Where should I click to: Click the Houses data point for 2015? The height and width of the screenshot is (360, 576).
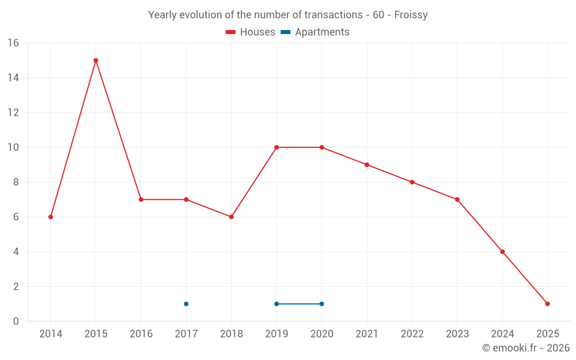96,60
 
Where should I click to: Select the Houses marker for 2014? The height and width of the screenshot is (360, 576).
51,217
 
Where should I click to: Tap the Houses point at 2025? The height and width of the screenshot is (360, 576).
547,304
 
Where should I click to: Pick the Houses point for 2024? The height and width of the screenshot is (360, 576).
502,252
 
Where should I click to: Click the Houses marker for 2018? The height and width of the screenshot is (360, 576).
231,217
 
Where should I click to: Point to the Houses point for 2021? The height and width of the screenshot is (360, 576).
367,165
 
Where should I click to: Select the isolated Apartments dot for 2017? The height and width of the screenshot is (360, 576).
186,304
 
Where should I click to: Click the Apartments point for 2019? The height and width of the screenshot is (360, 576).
276,304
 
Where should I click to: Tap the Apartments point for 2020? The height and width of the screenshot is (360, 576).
321,304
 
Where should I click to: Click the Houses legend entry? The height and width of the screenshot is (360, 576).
251,32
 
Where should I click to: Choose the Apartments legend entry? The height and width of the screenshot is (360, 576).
315,32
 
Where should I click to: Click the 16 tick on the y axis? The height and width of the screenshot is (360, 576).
13,43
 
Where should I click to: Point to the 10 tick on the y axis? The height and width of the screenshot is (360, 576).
13,147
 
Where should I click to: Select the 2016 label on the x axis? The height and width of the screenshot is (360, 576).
141,334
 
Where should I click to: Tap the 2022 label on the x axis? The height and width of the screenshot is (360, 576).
412,334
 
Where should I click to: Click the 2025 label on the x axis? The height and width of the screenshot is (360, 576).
547,334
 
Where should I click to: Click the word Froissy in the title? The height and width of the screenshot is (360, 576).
411,15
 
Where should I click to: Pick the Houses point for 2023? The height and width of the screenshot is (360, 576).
457,199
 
